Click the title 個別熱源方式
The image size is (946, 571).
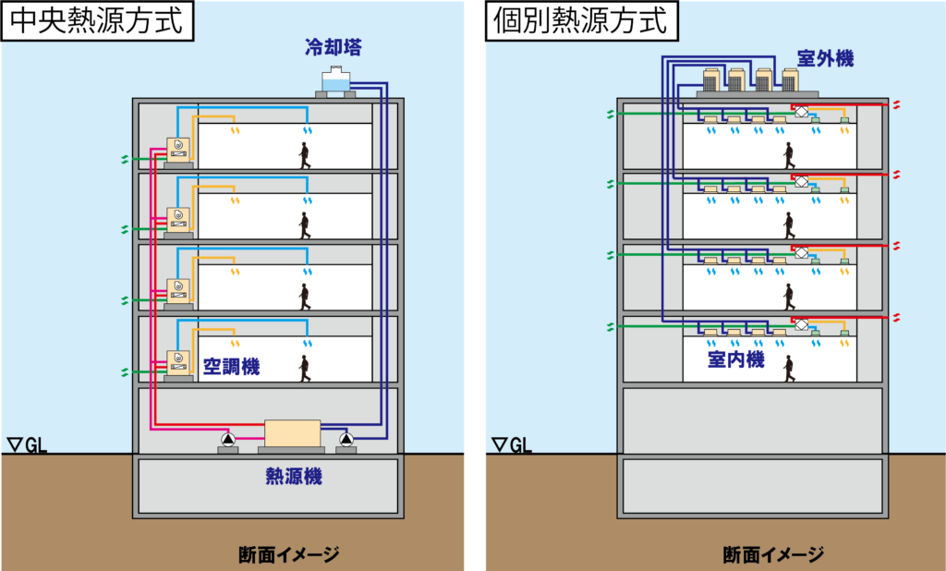point(581,20)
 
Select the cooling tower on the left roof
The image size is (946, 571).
point(334,82)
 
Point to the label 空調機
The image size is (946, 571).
point(231,367)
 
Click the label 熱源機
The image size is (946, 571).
point(293,477)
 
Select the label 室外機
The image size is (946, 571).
point(825,59)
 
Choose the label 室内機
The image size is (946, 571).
point(736,359)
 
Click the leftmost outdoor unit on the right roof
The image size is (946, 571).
point(713,80)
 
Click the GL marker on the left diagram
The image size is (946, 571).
point(27,446)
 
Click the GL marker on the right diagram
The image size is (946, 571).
point(512,446)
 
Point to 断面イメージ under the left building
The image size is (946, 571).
point(288,555)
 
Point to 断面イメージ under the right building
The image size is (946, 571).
point(773,555)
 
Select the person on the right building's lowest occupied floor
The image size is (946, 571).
point(789,368)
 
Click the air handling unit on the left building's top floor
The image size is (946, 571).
point(178,152)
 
